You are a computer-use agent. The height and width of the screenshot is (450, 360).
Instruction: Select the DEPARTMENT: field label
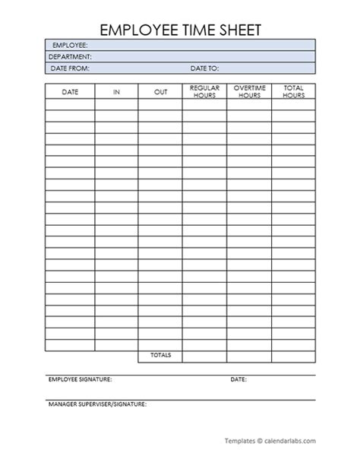click(70, 56)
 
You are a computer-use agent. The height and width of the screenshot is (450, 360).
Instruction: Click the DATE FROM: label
click(70, 68)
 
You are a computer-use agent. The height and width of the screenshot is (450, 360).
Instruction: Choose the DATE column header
click(70, 92)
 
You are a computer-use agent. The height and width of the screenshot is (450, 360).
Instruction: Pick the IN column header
click(116, 92)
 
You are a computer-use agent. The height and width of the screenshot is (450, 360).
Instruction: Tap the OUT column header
click(160, 92)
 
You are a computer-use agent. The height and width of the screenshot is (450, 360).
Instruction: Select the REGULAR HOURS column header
click(204, 92)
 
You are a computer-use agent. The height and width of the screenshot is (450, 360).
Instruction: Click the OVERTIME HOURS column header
click(248, 92)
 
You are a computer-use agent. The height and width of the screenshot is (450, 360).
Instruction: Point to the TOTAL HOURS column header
click(293, 92)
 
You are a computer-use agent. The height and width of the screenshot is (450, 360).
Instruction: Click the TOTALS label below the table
click(160, 356)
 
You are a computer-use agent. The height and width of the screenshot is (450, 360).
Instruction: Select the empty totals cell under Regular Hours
click(204, 356)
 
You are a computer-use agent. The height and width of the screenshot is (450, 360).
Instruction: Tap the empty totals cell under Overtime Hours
click(248, 356)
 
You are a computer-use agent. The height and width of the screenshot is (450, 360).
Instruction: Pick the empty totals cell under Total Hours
click(293, 356)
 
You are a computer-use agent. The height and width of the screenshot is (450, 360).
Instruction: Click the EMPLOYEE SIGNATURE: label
click(80, 379)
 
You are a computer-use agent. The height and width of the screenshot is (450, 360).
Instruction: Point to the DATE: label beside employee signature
click(238, 379)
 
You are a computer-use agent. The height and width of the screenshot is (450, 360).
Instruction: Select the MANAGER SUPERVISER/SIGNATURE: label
click(97, 404)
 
